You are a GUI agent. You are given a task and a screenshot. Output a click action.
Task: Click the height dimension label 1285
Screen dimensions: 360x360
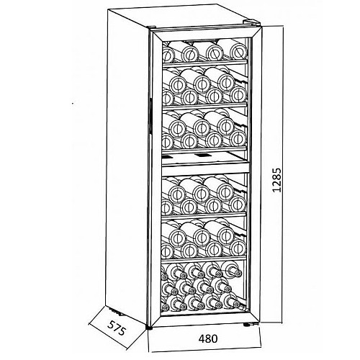pos(276,180)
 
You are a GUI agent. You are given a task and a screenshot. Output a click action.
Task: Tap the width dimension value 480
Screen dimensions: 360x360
pos(208,338)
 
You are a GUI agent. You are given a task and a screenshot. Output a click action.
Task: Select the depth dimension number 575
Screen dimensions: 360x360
pos(117,328)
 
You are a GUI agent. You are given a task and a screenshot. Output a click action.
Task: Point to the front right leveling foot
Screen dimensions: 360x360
pos(246,325)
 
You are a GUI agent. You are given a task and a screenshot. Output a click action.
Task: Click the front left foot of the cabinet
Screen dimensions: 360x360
pos(149,327)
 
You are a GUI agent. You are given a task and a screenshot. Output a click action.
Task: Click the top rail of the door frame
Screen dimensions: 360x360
pos(206,35)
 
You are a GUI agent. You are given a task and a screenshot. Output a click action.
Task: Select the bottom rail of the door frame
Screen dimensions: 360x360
pos(206,320)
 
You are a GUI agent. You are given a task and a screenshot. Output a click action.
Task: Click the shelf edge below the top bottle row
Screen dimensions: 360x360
pos(204,63)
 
